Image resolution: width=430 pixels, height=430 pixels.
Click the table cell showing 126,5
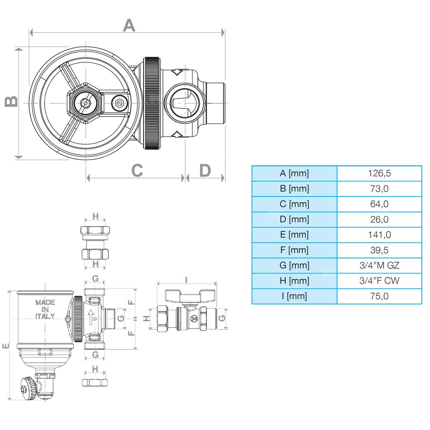coord(379,173)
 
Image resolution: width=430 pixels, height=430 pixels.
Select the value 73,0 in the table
coord(379,189)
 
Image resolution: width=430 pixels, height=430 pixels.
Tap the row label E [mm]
coord(294,235)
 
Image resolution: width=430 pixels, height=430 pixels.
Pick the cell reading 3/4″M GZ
coord(379,265)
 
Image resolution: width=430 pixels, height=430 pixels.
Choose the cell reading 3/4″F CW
coord(379,281)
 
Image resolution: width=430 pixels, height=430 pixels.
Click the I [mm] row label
coord(294,296)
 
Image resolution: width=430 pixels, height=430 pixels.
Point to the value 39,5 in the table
coord(379,250)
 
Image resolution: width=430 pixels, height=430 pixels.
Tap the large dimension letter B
coord(12,101)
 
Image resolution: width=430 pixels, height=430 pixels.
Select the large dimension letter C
coord(137,171)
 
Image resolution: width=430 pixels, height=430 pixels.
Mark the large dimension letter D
coord(205,171)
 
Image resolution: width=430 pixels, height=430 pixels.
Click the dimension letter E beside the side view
coord(6,346)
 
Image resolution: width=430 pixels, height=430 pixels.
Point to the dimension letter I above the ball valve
coord(186,279)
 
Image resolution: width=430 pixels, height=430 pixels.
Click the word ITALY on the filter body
coord(45,316)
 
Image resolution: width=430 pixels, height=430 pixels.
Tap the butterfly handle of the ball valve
coord(190,295)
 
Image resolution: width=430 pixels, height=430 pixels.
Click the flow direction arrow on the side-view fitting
coord(92,317)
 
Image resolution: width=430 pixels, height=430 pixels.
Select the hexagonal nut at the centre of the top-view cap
coord(85,103)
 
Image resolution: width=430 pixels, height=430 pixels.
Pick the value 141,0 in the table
coord(379,235)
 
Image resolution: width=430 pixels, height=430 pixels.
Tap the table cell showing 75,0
coord(379,296)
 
